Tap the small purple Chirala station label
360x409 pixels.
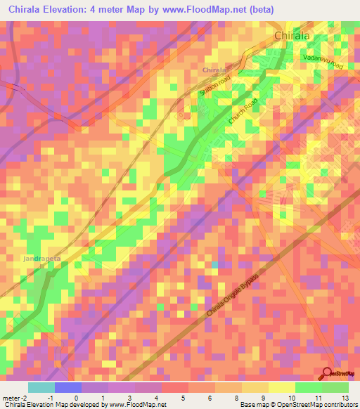coord(214,70)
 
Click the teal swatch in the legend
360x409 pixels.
coord(41,387)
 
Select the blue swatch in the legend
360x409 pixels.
coord(68,387)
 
